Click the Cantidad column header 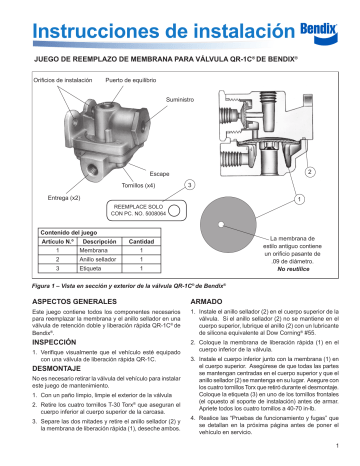142,240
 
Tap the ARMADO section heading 207,301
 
